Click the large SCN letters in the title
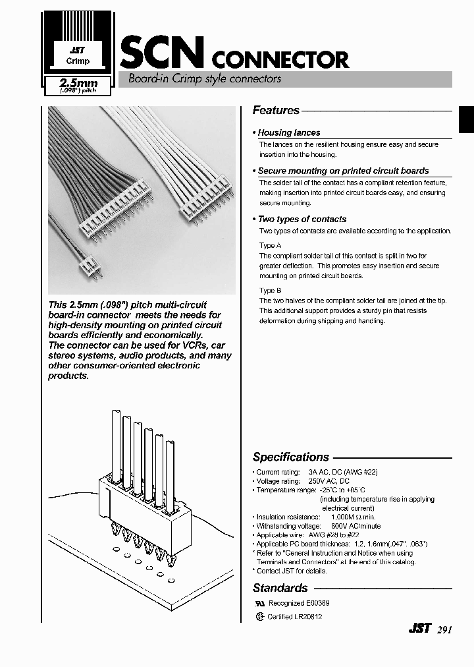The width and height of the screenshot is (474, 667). coord(163,53)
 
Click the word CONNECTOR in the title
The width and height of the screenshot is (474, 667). coord(280,60)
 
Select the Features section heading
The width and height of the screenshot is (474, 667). coord(276,111)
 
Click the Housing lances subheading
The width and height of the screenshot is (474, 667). coord(289,132)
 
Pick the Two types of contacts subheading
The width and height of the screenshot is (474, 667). coord(302,219)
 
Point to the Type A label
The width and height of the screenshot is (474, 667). coord(270,245)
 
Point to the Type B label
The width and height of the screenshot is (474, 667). coord(270,290)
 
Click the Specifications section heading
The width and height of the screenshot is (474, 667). coord(290,457)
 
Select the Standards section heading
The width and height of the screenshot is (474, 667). coord(280,587)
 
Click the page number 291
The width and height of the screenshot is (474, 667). coord(444,629)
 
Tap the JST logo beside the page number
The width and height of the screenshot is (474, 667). coord(419,629)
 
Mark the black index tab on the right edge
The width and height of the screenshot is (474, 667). coord(466,122)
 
